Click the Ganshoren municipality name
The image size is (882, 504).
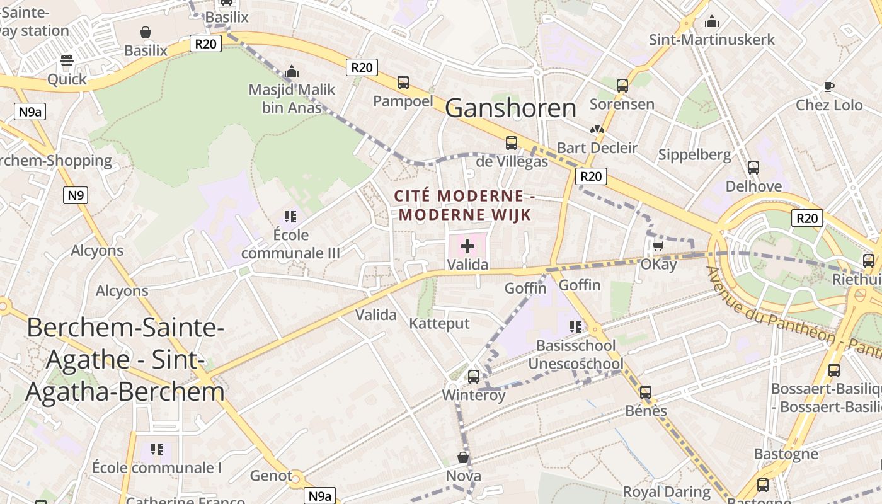(x=510, y=108)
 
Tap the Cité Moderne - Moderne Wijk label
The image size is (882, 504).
(x=465, y=205)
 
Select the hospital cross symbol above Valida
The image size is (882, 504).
(x=467, y=246)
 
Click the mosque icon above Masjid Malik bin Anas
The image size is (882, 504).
(x=291, y=71)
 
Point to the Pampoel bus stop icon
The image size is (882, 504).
(x=403, y=83)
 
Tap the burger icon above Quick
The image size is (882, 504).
(x=67, y=61)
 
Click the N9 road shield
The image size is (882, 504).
(x=76, y=195)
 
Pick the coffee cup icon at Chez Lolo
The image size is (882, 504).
(x=829, y=86)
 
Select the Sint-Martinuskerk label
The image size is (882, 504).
(x=712, y=40)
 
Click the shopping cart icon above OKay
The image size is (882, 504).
(x=658, y=246)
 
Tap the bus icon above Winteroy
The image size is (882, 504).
(x=474, y=377)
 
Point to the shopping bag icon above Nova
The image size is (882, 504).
(x=463, y=457)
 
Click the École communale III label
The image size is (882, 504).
(x=290, y=244)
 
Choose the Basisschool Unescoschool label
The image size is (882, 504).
(x=576, y=355)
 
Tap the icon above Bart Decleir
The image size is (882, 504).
(x=597, y=129)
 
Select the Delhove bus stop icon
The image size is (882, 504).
(x=753, y=168)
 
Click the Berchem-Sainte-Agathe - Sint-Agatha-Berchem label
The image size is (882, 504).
(x=125, y=360)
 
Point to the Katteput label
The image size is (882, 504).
(x=439, y=324)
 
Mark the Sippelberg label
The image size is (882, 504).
(x=694, y=154)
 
